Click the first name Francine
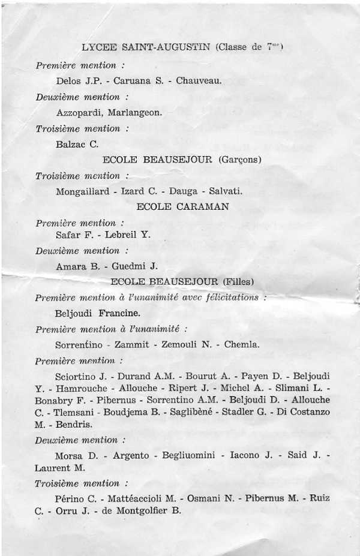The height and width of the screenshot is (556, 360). coord(119,313)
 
